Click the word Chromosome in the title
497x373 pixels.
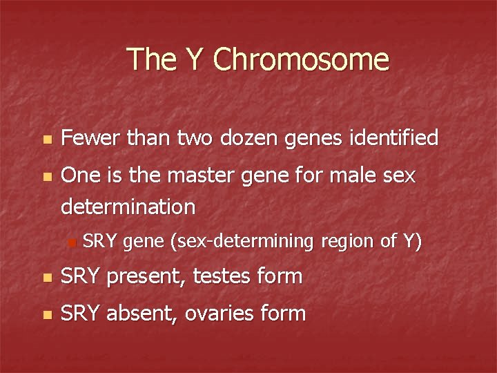[302, 59]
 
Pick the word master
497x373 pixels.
[195, 176]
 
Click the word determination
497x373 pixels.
[128, 207]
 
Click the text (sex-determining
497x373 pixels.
[243, 241]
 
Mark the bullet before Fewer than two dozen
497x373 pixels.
[46, 140]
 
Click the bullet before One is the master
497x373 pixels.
[46, 178]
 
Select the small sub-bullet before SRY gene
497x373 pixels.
[71, 242]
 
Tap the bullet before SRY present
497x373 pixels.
[46, 278]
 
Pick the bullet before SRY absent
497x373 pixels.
[46, 315]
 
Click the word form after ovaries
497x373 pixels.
[284, 314]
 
